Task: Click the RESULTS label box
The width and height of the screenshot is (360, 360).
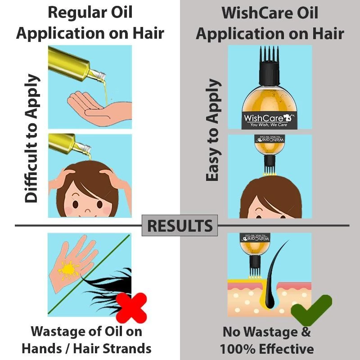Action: click(180, 225)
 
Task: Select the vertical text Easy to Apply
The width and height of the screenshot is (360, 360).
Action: click(214, 130)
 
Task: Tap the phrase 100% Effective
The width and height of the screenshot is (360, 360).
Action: click(267, 349)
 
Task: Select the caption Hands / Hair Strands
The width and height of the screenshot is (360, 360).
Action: click(87, 348)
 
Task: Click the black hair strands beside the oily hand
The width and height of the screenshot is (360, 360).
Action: click(108, 288)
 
